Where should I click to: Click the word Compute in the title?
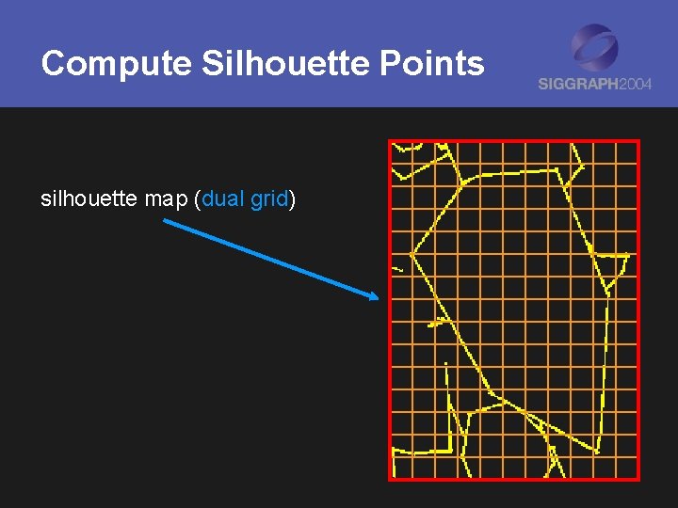pyautogui.click(x=117, y=64)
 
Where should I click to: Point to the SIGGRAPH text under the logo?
pyautogui.click(x=578, y=84)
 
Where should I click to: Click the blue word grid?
pyautogui.click(x=269, y=199)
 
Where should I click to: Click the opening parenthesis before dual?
pyautogui.click(x=197, y=199)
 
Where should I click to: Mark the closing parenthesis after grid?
pyautogui.click(x=293, y=199)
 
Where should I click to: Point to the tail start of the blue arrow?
pyautogui.click(x=165, y=222)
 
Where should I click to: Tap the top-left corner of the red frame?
pyautogui.click(x=390, y=141)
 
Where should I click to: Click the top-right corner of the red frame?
pyautogui.click(x=638, y=141)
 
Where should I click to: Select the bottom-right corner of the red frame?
pyautogui.click(x=638, y=479)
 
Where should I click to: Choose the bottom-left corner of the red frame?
pyautogui.click(x=390, y=479)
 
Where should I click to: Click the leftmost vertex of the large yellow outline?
pyautogui.click(x=412, y=253)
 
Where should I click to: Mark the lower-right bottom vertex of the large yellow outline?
pyautogui.click(x=598, y=450)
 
